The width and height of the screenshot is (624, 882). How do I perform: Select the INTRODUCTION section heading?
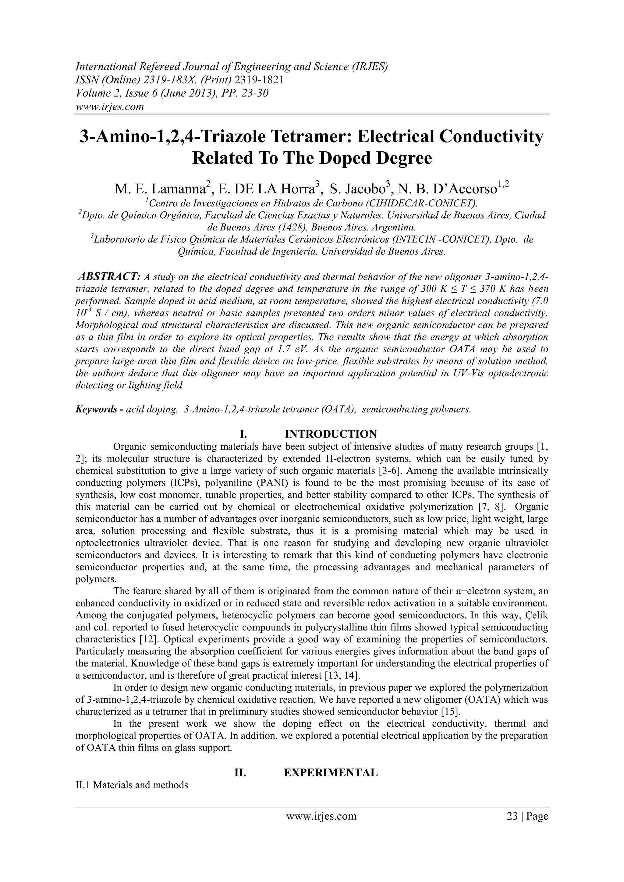pos(331,434)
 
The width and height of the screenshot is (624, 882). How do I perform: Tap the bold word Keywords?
pos(96,409)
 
